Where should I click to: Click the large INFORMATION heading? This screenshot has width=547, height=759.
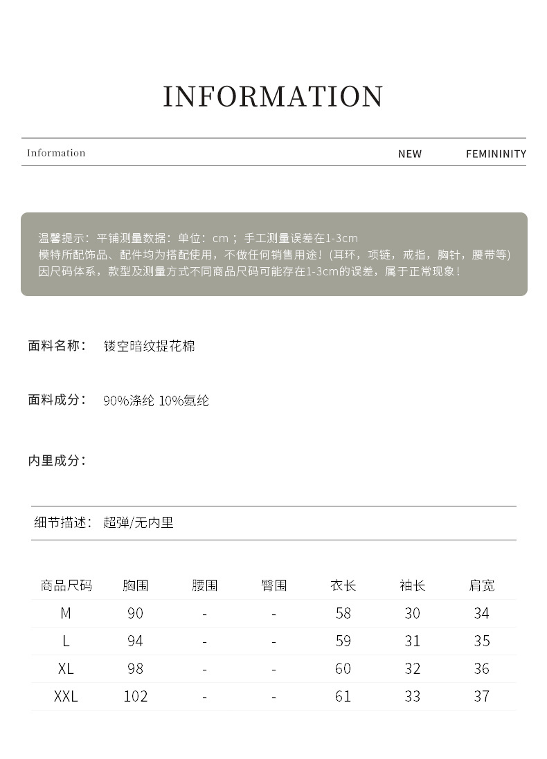(273, 97)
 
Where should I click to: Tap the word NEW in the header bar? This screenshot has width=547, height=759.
(409, 154)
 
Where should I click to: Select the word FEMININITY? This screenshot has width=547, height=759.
(496, 154)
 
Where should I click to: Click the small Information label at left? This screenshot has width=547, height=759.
(56, 153)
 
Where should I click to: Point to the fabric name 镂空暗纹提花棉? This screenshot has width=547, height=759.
(150, 346)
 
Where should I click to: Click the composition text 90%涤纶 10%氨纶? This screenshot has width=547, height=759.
(156, 401)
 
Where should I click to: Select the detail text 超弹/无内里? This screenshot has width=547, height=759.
(138, 522)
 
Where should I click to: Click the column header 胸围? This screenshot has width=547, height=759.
(135, 585)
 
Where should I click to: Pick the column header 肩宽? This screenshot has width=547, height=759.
(482, 585)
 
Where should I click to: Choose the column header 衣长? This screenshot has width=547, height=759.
(343, 585)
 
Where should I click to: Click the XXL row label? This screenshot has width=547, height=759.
(66, 696)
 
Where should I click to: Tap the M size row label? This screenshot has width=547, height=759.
(66, 613)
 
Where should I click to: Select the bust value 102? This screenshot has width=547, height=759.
(135, 696)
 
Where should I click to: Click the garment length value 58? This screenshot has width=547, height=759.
(343, 613)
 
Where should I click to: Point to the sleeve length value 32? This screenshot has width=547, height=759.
(412, 668)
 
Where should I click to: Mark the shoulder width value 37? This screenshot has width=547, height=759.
(482, 696)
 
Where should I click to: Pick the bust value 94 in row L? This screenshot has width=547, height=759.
(135, 641)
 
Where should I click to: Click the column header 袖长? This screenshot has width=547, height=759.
(412, 585)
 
